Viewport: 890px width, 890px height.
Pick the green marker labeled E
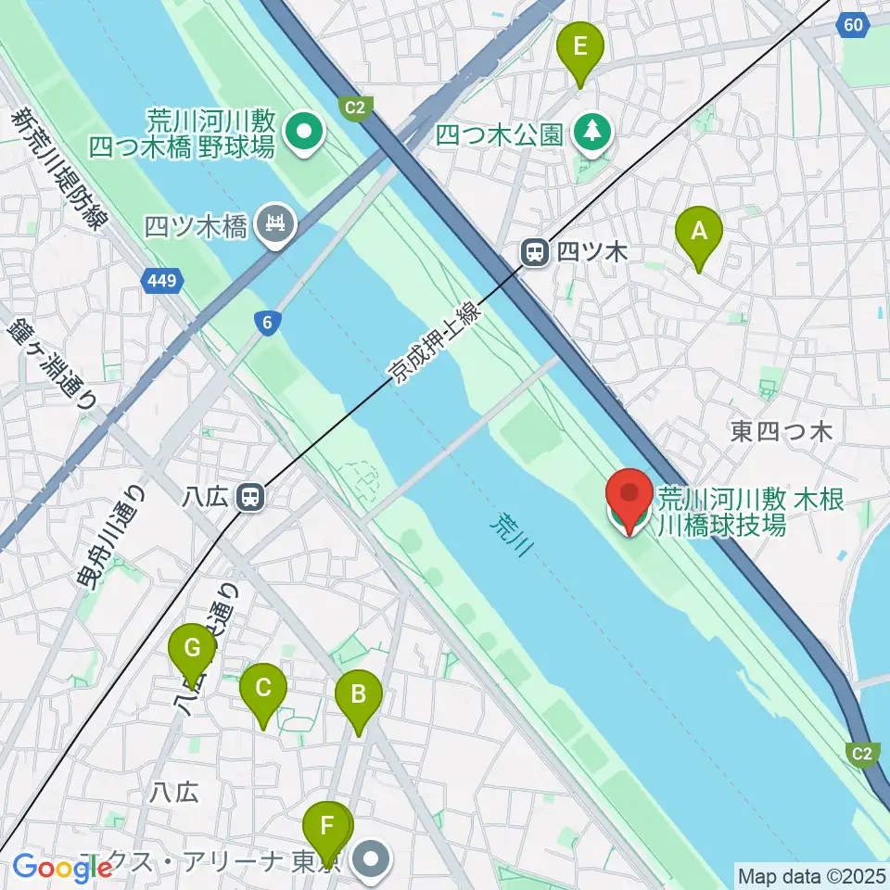580,49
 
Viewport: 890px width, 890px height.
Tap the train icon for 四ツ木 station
535,252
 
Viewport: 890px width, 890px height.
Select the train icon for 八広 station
249,498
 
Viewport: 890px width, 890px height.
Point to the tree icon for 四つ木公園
591,133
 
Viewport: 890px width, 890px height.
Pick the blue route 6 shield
267,321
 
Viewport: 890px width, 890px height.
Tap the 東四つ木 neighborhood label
782,431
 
